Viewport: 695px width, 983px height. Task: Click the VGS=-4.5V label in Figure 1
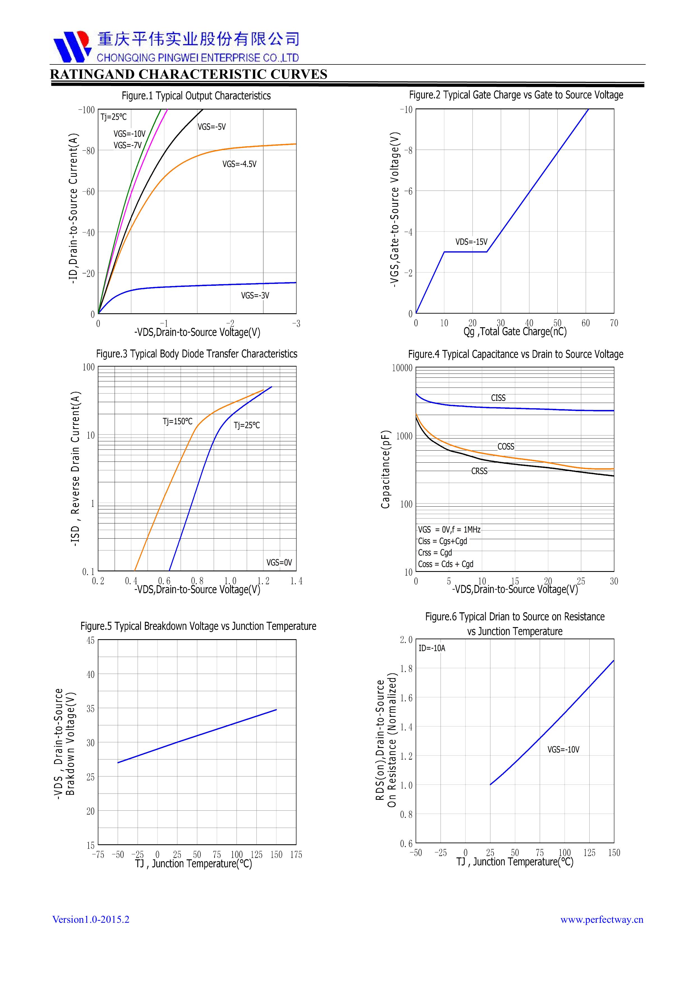(239, 164)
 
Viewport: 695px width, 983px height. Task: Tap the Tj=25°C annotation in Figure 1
(113, 117)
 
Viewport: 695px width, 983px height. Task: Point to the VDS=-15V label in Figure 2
(471, 242)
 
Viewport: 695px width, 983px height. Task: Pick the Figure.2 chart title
(516, 95)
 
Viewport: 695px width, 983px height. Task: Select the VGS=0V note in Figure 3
(279, 562)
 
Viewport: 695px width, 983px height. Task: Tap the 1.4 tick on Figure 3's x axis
(296, 581)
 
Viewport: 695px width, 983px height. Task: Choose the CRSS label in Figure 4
(479, 471)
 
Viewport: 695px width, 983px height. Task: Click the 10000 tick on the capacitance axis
(402, 368)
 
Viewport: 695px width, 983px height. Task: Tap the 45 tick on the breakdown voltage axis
(90, 641)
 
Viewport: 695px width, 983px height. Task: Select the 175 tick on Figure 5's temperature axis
(296, 855)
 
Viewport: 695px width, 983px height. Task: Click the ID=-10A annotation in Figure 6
(432, 648)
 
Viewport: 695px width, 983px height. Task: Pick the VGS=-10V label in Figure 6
(563, 749)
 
